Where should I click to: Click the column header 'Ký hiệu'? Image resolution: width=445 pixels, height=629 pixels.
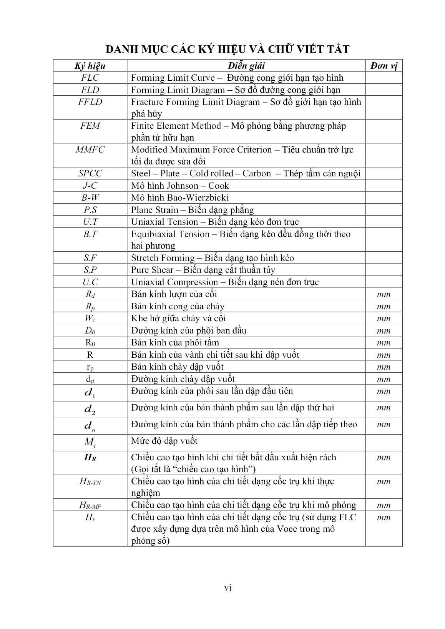click(x=90, y=66)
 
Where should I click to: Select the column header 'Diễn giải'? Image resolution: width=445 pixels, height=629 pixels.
click(x=246, y=66)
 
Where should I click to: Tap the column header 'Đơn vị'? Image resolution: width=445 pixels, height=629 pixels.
click(x=384, y=66)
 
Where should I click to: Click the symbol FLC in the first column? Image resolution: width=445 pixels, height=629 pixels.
click(x=90, y=78)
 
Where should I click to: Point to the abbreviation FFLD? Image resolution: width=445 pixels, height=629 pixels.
click(x=90, y=102)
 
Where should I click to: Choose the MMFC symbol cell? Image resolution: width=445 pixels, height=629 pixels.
click(x=90, y=150)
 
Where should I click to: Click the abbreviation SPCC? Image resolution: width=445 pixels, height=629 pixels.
click(x=90, y=174)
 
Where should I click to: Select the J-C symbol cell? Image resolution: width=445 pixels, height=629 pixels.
click(x=90, y=186)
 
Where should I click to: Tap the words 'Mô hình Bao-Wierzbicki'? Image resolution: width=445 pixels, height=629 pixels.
click(x=180, y=198)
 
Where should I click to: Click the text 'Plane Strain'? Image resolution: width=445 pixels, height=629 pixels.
click(x=154, y=210)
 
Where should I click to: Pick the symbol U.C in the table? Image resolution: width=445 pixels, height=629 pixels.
click(x=90, y=282)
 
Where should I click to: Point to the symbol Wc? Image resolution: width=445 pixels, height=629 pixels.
click(x=90, y=319)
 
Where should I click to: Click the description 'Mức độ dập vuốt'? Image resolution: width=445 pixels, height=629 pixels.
click(x=164, y=441)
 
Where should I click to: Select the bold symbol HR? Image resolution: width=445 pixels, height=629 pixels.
click(x=90, y=458)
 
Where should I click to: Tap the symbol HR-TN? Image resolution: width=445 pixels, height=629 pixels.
click(x=90, y=482)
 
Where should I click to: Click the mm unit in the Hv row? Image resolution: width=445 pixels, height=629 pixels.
click(x=384, y=518)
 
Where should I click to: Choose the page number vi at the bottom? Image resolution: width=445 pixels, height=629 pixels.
click(x=228, y=588)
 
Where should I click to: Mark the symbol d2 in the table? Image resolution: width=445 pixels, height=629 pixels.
click(x=90, y=410)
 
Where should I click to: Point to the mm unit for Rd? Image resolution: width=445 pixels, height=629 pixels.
click(x=384, y=295)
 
